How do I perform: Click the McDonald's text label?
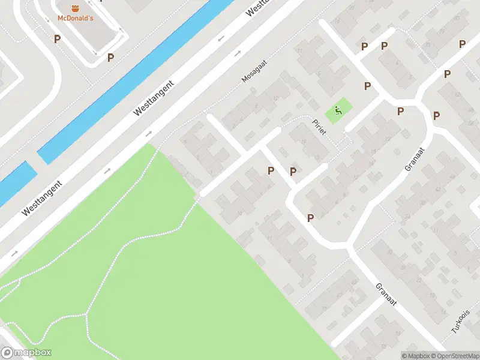point(76,18)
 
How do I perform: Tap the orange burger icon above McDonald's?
point(76,8)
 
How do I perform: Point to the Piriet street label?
point(319,127)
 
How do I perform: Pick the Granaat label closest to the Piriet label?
point(415,158)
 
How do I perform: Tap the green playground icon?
point(338,110)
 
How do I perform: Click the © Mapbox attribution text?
point(415,355)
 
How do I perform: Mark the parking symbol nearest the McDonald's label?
point(58,39)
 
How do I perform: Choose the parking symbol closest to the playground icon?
point(367,86)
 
